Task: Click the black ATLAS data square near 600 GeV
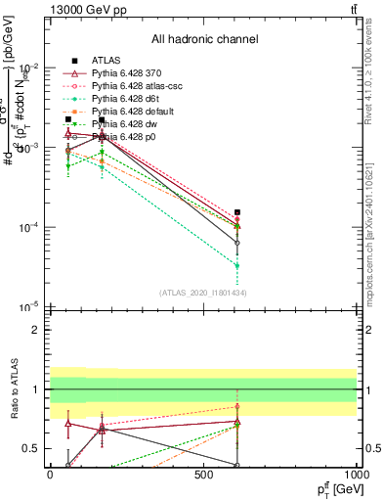click(x=237, y=212)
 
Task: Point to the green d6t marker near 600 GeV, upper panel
click(x=237, y=265)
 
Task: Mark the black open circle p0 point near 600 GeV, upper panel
click(x=237, y=243)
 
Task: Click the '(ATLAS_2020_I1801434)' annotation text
click(x=203, y=293)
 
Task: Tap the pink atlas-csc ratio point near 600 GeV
click(x=237, y=406)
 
